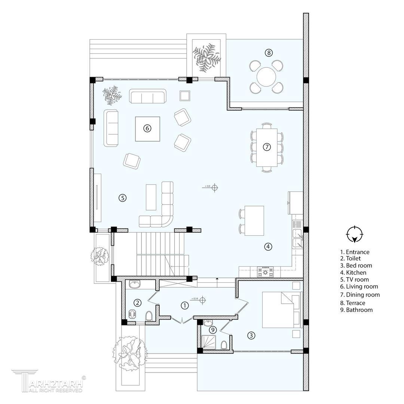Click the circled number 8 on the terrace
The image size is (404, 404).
269,53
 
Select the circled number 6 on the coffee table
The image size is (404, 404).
147,128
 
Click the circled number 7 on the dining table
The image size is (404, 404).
267,147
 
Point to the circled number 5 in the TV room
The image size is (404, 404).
123,198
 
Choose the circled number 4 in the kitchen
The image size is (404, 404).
268,247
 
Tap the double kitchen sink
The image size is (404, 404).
298,234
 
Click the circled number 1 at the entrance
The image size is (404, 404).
185,306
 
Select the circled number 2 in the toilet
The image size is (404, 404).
138,303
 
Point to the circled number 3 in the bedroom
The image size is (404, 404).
251,336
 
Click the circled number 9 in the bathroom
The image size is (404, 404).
212,330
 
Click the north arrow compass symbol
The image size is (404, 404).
355,235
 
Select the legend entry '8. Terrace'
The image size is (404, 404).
352,303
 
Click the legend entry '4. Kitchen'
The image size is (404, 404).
353,273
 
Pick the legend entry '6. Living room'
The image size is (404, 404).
359,287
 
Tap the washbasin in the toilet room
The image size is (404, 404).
134,284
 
